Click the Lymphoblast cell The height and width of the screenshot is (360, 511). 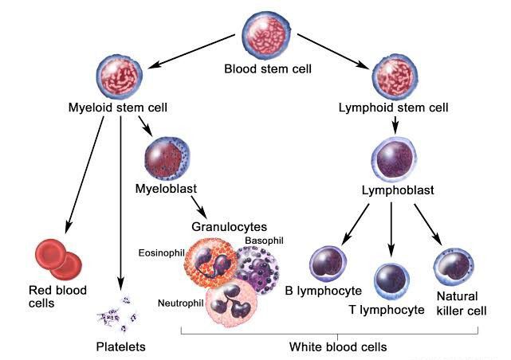[394, 159]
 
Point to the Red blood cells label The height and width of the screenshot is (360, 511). [57, 296]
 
